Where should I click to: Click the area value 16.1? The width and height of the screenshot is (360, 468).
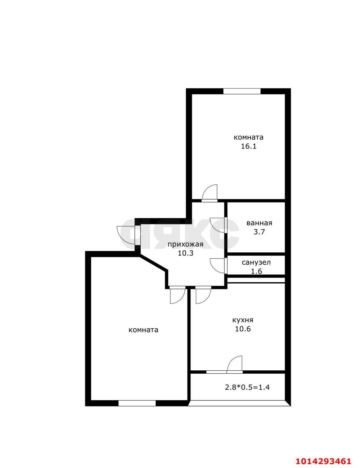pos(249,147)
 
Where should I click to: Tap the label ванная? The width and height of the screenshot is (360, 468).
pos(259,223)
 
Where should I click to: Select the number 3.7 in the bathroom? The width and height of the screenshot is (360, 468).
pos(259,232)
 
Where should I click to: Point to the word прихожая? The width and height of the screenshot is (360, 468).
pos(185,245)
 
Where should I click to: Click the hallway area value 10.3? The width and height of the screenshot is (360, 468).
pos(186,253)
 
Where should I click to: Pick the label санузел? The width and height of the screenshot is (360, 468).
pos(256,262)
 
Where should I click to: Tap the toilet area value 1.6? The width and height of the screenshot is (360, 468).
pos(257,271)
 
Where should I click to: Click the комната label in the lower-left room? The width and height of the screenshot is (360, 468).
pos(143,330)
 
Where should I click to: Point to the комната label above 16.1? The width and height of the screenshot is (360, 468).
pos(249,137)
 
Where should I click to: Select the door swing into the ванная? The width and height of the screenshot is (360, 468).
pos(217,225)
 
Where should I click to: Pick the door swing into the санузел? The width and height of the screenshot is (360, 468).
pos(217,266)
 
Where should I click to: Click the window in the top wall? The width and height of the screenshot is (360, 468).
pos(242,91)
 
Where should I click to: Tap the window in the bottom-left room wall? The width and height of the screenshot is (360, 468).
pos(137,403)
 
